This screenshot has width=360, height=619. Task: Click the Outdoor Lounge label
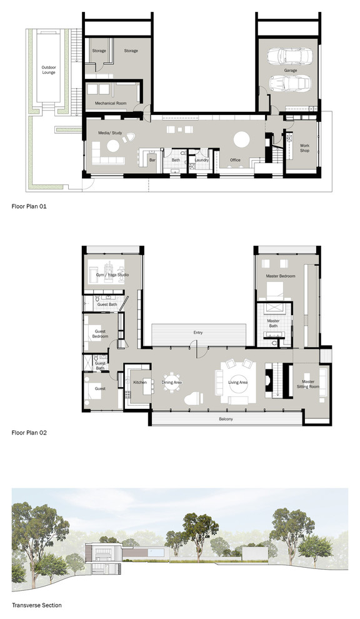tap(48, 69)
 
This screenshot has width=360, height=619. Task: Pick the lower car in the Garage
tap(289, 84)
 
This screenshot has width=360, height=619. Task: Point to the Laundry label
tap(201, 160)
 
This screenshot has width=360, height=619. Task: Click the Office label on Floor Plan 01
tap(235, 160)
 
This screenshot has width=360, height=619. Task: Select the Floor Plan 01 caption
tap(29, 204)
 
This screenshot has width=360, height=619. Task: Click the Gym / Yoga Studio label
tap(112, 275)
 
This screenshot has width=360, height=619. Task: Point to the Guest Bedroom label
tap(100, 333)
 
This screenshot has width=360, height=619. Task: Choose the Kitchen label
tap(140, 381)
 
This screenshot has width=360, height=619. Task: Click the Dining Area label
tap(172, 381)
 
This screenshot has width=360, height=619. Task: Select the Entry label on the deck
tap(198, 333)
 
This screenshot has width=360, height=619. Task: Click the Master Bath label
tap(272, 322)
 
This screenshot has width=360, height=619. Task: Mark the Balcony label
tap(226, 419)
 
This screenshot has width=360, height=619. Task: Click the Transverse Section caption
tap(36, 605)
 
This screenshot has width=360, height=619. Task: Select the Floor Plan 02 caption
tap(29, 432)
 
